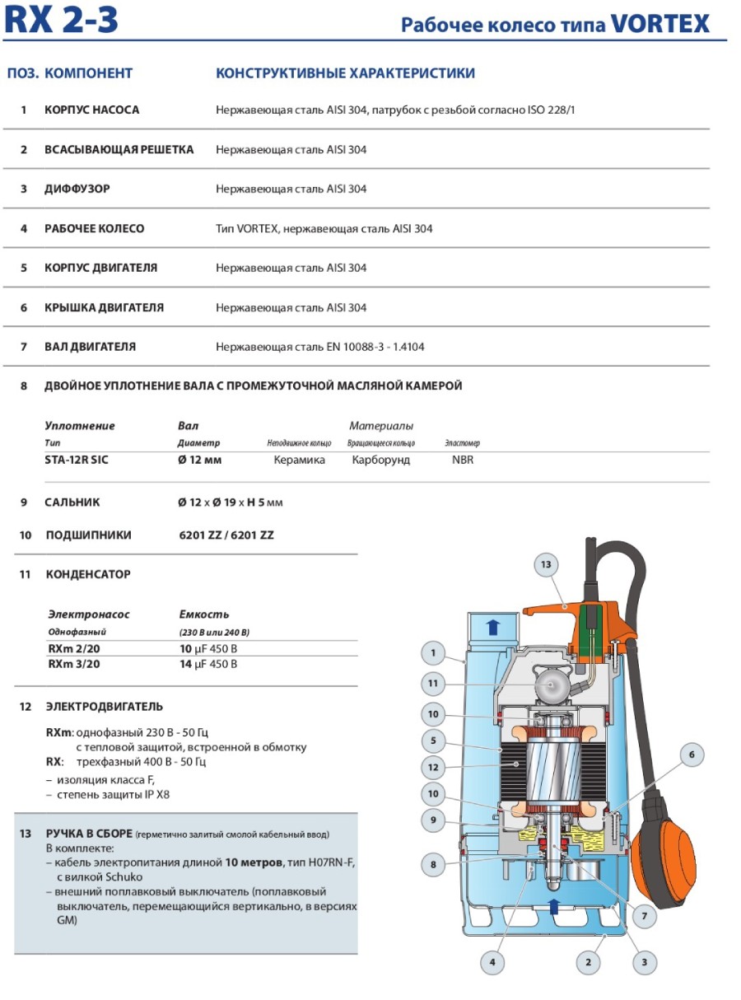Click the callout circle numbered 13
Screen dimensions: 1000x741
(545, 564)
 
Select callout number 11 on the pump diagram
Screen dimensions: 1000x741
(433, 683)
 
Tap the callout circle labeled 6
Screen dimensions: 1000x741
(692, 755)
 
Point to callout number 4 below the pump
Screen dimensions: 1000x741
(492, 961)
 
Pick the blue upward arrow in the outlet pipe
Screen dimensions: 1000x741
(493, 627)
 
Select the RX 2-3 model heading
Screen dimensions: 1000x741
(61, 20)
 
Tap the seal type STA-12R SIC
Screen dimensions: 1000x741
(77, 460)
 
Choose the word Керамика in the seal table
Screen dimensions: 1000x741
(299, 460)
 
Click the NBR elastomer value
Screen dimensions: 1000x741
(463, 460)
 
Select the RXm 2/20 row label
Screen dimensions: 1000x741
(75, 648)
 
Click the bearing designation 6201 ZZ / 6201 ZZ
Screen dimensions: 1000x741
(226, 535)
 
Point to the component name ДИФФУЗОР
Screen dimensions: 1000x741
(77, 189)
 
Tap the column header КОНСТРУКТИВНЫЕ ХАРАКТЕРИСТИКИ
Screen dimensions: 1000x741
(345, 73)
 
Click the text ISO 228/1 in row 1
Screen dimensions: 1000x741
(551, 110)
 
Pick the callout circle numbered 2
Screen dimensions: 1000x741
(587, 961)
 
